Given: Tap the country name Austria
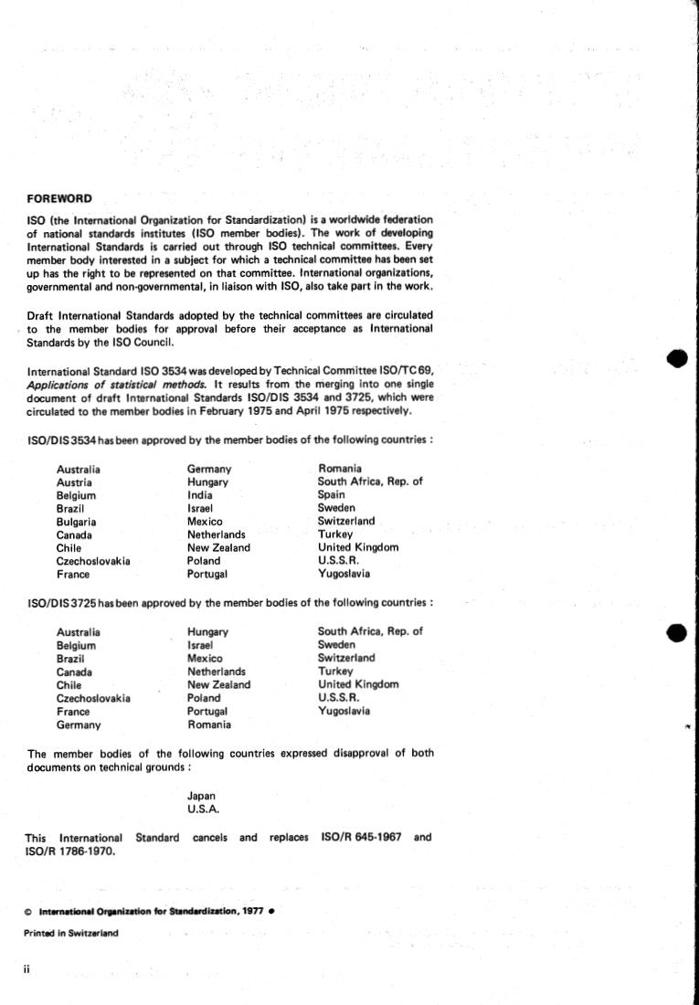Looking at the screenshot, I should pyautogui.click(x=73, y=481).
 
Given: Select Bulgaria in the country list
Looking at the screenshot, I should pyautogui.click(x=77, y=521).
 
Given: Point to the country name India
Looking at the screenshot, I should pyautogui.click(x=200, y=494).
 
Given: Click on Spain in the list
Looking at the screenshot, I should pyautogui.click(x=331, y=494).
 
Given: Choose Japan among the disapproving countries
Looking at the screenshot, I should pyautogui.click(x=202, y=796).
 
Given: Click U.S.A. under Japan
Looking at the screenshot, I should pyautogui.click(x=204, y=809).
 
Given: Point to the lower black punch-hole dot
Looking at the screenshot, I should pyautogui.click(x=677, y=632).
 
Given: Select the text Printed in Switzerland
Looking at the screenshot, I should pyautogui.click(x=71, y=934).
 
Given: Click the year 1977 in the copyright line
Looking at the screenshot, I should pyautogui.click(x=255, y=911).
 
